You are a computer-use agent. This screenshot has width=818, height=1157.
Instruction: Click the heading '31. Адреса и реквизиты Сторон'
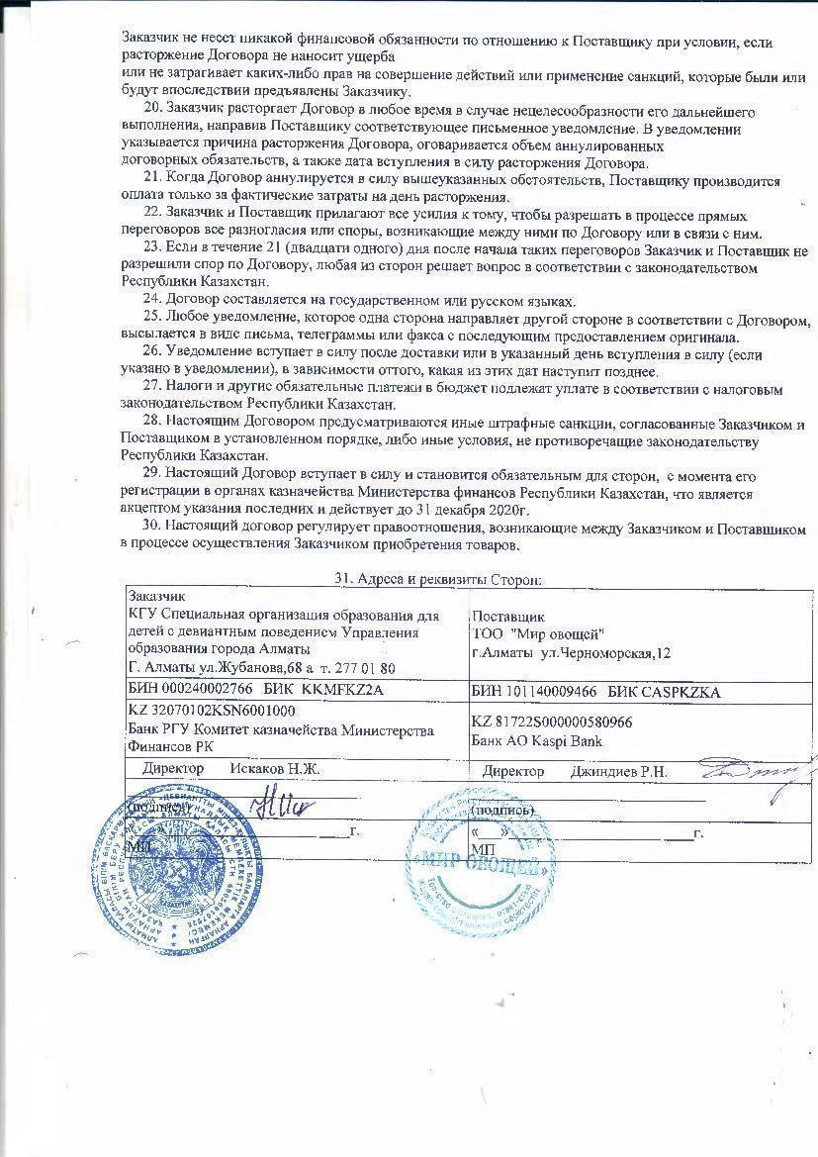(x=437, y=579)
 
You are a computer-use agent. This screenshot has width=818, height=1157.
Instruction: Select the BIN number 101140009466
(x=544, y=692)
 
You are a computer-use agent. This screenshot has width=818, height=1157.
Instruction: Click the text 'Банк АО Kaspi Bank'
(x=537, y=740)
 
